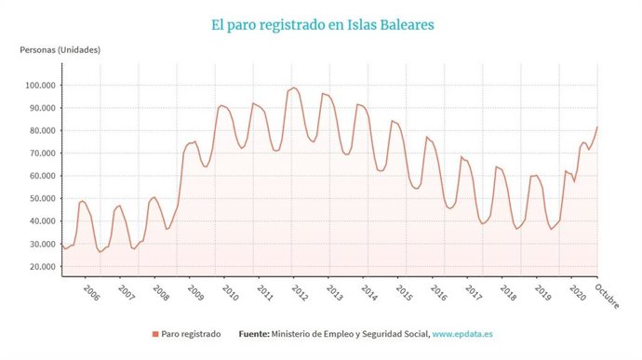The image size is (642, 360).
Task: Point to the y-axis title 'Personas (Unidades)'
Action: point(60,48)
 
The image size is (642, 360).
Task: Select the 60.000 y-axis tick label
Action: point(40,176)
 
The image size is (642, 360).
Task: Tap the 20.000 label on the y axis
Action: point(40,266)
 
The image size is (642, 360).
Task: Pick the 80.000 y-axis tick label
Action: point(40,131)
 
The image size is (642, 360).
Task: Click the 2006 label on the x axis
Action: point(90,292)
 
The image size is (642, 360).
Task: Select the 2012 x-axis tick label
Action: point(299,292)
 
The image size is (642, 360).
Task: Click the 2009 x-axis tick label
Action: point(194,292)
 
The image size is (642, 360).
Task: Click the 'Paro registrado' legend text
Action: point(190,332)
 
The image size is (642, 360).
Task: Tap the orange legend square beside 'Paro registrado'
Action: point(154,332)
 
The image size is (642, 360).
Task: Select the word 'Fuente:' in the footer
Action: point(256,332)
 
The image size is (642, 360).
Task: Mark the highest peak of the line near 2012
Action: point(294,87)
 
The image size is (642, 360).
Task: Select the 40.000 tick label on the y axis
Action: point(40,221)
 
